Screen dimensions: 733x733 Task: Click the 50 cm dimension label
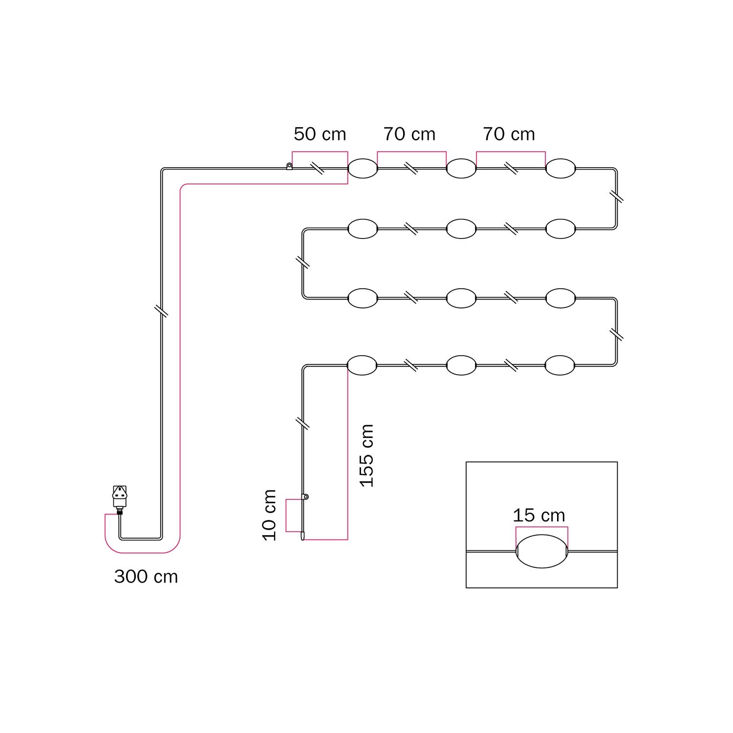tap(320, 134)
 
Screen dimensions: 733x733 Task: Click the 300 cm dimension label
tap(146, 577)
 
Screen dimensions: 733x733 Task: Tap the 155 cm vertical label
tap(366, 455)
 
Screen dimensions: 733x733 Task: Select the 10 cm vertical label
tap(269, 515)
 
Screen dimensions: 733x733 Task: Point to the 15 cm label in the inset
tap(539, 516)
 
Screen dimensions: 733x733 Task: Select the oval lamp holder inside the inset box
tap(541, 551)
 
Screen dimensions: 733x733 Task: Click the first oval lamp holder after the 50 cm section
tap(363, 169)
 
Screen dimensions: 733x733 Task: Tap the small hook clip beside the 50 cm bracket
tap(289, 167)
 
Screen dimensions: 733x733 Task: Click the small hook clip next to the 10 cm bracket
tap(306, 497)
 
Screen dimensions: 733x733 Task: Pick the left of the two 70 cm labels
tap(409, 134)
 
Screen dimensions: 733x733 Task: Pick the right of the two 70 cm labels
tap(509, 134)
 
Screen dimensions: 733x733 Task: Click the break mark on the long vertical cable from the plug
tap(161, 311)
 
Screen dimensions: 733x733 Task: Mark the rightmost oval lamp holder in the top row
tap(561, 169)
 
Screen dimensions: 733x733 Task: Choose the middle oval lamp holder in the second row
tap(461, 229)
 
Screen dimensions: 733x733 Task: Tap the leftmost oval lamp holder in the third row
tap(363, 298)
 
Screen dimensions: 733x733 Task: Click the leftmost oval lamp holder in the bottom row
tap(362, 365)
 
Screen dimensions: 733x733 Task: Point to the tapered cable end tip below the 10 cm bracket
tap(302, 537)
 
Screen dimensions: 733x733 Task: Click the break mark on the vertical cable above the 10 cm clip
tap(303, 423)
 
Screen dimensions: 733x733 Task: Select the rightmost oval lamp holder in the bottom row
tap(560, 365)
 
